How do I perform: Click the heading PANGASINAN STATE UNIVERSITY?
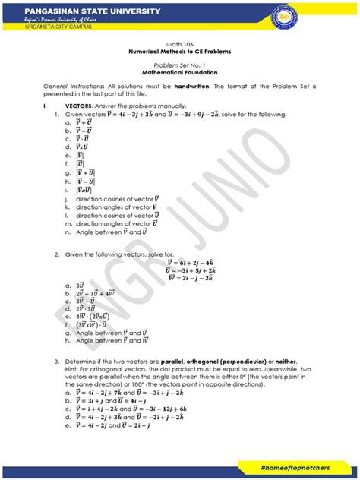(82, 11)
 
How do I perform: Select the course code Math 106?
(180, 45)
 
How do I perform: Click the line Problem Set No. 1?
(180, 67)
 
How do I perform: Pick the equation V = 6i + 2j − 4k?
(193, 261)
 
